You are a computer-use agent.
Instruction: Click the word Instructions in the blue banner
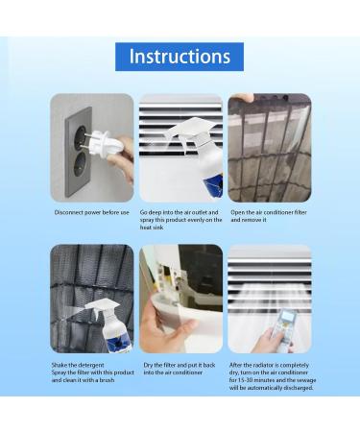click(180, 56)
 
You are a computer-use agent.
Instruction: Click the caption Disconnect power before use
click(91, 211)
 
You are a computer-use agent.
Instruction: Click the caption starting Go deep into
click(180, 219)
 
